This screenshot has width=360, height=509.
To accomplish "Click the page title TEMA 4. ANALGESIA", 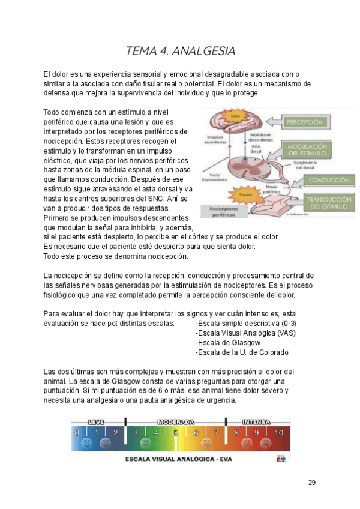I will point(180,50).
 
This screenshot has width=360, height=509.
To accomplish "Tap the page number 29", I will point(311,483).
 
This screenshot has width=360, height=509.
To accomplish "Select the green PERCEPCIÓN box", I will point(304,122).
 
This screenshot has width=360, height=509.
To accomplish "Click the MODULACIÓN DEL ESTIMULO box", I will point(307,149).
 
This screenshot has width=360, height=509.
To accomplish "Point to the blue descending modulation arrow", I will point(245,135).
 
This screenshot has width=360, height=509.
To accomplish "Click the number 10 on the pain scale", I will point(278,432).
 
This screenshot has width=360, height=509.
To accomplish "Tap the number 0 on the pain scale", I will point(76,432).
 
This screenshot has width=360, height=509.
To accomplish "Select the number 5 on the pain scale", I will point(176,432).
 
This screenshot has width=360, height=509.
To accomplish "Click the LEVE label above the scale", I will point(96,422).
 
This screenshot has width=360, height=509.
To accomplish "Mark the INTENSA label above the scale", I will point(256,422).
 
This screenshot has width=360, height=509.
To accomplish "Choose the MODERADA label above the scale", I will point(176,422).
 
